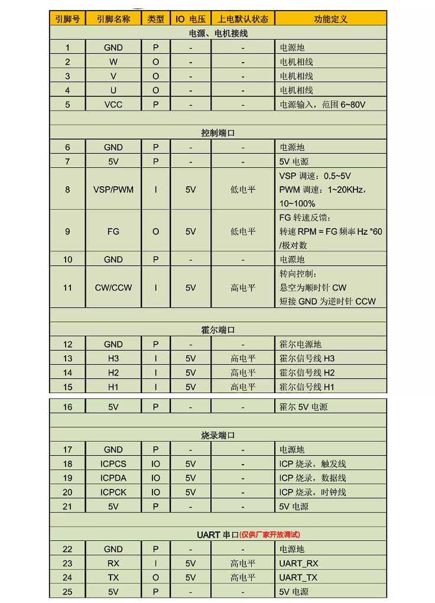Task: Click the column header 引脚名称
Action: (x=113, y=19)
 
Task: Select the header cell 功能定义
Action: (x=330, y=19)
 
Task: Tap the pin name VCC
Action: (x=113, y=105)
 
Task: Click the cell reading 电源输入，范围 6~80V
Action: (x=322, y=105)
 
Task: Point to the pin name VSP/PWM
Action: (x=113, y=190)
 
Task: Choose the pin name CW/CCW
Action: (x=113, y=288)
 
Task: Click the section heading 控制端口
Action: (x=218, y=133)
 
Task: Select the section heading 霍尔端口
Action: (x=218, y=330)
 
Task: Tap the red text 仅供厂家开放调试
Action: (x=270, y=535)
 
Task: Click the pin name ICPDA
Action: (x=113, y=478)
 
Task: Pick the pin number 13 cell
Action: (x=67, y=359)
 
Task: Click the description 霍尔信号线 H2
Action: (x=307, y=373)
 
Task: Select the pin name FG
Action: (x=113, y=232)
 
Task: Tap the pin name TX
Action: (x=113, y=578)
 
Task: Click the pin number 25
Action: (x=67, y=592)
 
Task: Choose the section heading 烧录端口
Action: (x=218, y=436)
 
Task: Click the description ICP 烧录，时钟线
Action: (x=313, y=492)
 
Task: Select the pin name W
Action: (x=113, y=62)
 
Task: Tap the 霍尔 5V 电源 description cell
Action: (x=303, y=407)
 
